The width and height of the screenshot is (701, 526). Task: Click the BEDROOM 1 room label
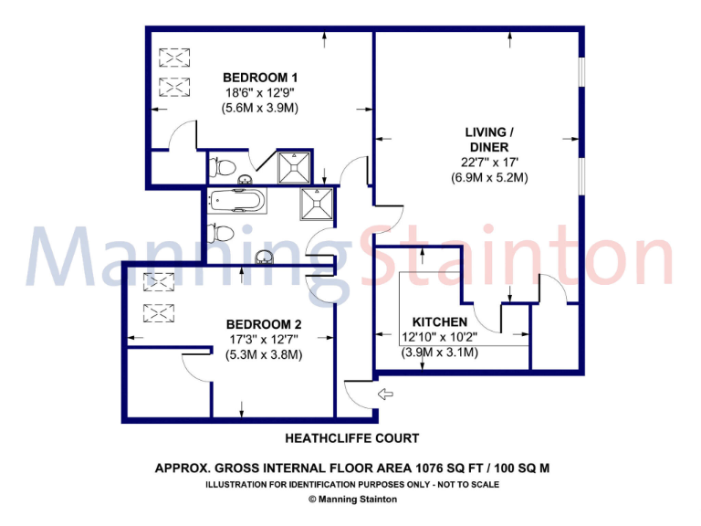pyautogui.click(x=260, y=78)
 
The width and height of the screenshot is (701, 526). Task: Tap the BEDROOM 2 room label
pyautogui.click(x=264, y=324)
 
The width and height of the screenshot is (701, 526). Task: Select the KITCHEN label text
pyautogui.click(x=440, y=321)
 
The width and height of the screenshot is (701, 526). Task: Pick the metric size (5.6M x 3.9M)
pyautogui.click(x=260, y=108)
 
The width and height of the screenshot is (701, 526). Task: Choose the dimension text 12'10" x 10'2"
pyautogui.click(x=440, y=337)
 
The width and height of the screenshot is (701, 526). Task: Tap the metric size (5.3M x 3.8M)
pyautogui.click(x=264, y=354)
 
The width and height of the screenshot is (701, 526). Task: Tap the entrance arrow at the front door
pyautogui.click(x=385, y=394)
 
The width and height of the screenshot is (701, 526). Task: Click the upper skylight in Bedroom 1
pyautogui.click(x=173, y=58)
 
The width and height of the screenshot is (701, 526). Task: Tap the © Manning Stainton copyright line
pyautogui.click(x=353, y=500)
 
